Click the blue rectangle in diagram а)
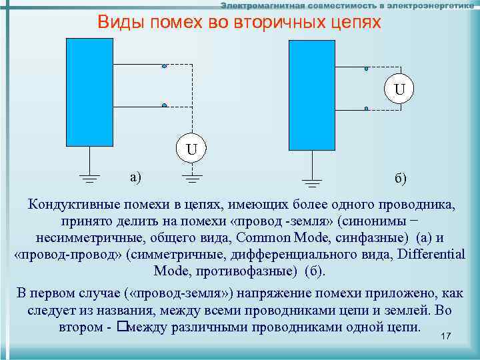tap(90, 91)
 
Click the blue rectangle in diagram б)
tap(311, 95)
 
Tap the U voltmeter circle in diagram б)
tap(399, 88)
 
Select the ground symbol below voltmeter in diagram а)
tap(192, 177)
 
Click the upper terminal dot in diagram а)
tap(164, 66)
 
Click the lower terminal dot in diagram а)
tap(164, 105)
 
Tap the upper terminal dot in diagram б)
tap(366, 69)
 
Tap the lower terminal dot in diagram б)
tap(366, 109)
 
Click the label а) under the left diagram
tap(136, 177)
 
